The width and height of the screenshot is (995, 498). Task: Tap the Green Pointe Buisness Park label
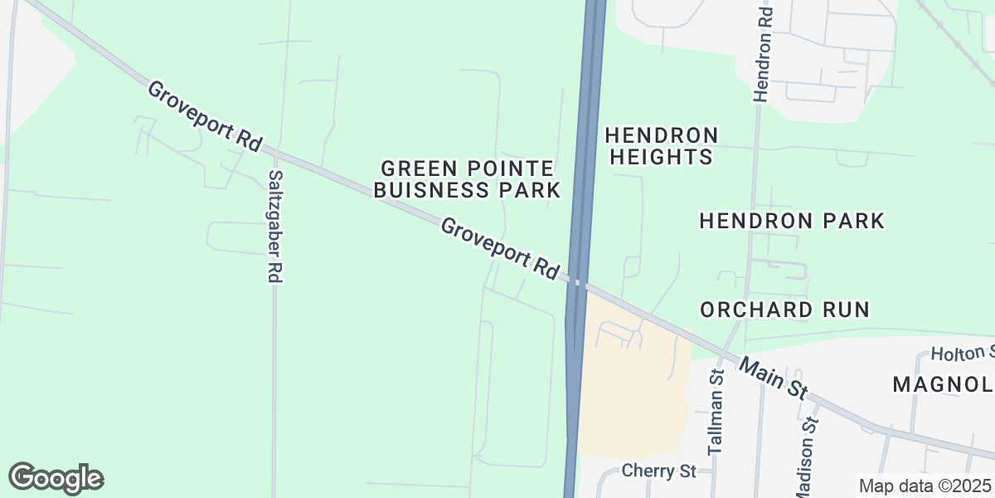pos(467,178)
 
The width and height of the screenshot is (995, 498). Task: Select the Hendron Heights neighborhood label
pos(661,146)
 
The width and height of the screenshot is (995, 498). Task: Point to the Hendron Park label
pos(792,221)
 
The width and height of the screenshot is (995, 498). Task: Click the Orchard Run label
pos(784,310)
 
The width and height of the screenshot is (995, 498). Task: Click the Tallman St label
pos(716,413)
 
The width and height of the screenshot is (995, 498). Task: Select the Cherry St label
pos(660,471)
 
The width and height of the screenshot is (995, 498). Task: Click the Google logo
pos(56,478)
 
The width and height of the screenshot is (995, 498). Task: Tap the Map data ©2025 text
pos(924,486)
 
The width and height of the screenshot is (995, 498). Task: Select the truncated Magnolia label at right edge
pos(943,385)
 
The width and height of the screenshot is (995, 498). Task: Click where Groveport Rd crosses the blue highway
pos(578,284)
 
